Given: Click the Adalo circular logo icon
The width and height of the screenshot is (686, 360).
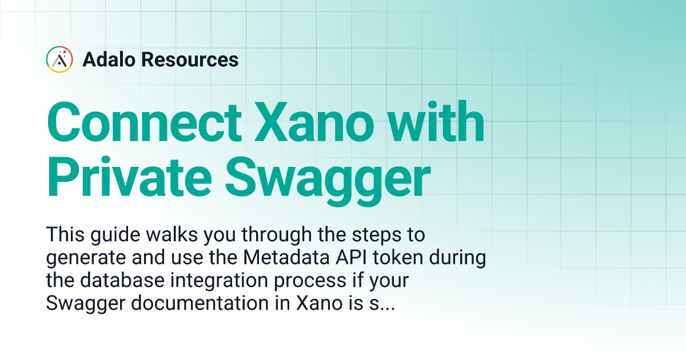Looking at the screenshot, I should [x=59, y=59].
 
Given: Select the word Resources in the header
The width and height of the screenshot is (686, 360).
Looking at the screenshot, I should [x=190, y=59].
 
